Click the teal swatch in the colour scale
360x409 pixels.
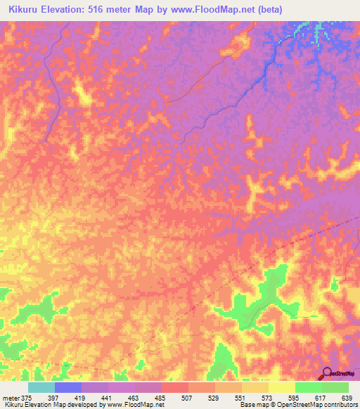(41, 387)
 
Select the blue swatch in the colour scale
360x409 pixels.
(68, 387)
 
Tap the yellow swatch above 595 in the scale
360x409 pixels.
(282, 387)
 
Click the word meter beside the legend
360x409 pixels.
(10, 398)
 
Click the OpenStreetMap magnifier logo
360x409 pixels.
(326, 374)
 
